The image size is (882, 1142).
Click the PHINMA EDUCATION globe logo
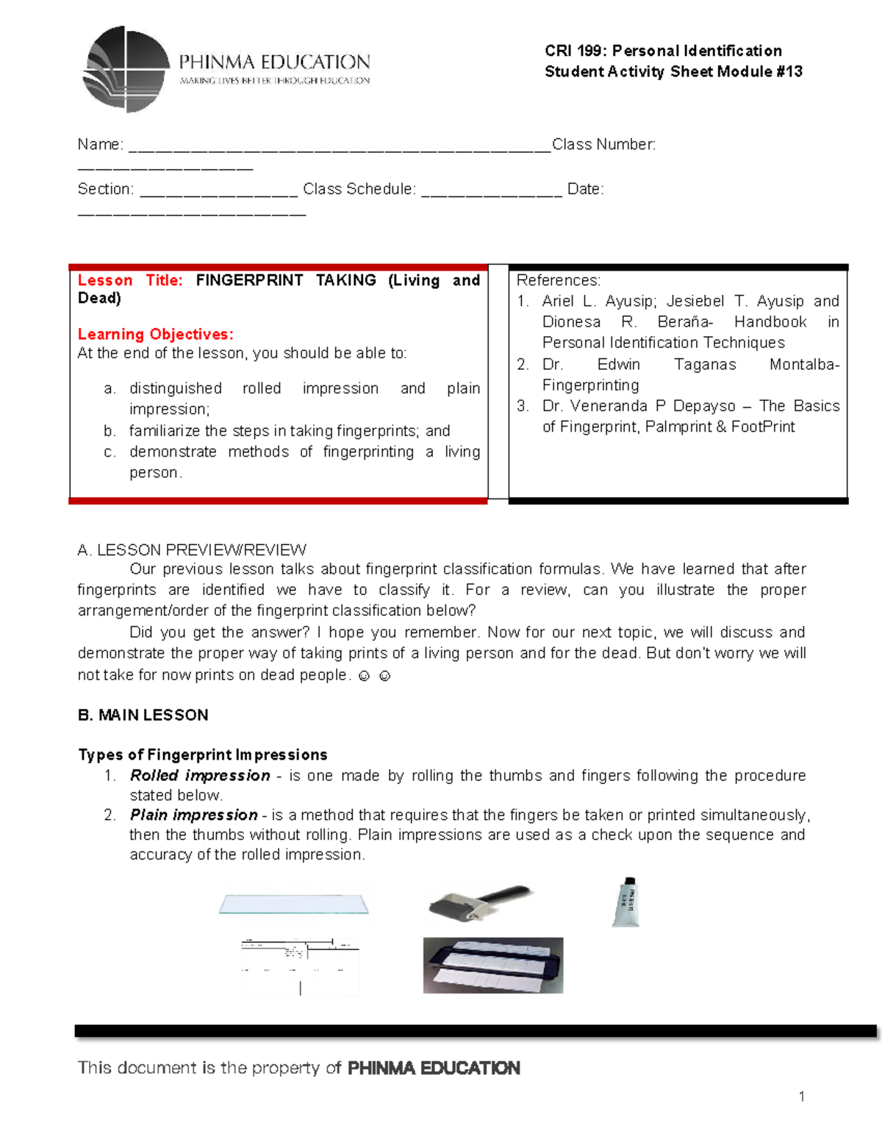pyautogui.click(x=126, y=69)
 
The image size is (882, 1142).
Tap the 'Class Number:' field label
pyautogui.click(x=603, y=145)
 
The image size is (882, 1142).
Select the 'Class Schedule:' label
pyautogui.click(x=359, y=189)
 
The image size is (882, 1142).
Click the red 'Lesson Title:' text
pyautogui.click(x=130, y=280)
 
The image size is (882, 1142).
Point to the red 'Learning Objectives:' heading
pyautogui.click(x=155, y=334)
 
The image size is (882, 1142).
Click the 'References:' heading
pyautogui.click(x=558, y=280)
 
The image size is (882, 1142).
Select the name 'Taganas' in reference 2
pyautogui.click(x=704, y=365)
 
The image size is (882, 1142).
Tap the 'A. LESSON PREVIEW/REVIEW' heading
pyautogui.click(x=192, y=550)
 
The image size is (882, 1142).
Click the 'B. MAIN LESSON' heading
pyautogui.click(x=143, y=715)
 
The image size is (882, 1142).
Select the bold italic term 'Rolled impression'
pyautogui.click(x=200, y=775)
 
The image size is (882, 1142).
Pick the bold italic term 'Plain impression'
pyautogui.click(x=193, y=815)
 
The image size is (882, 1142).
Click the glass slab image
pyautogui.click(x=293, y=904)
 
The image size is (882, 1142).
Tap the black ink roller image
pyautogui.click(x=479, y=903)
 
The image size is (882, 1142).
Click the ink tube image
pyautogui.click(x=627, y=902)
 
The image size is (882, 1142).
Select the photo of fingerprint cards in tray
pyautogui.click(x=492, y=965)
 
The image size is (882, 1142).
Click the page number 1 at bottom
pyautogui.click(x=801, y=1096)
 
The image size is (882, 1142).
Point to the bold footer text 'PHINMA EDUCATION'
pyautogui.click(x=434, y=1068)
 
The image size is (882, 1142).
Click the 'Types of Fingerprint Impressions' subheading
pyautogui.click(x=203, y=754)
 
